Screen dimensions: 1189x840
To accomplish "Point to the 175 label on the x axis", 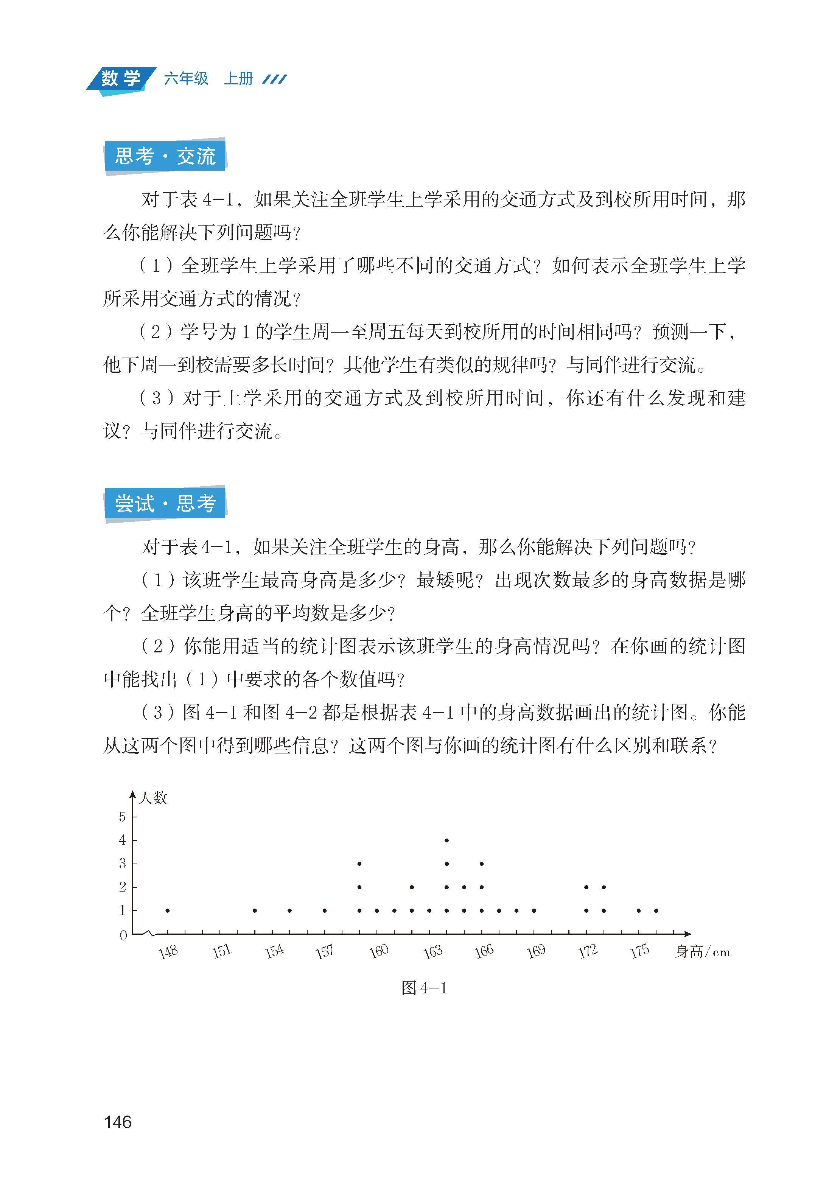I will tap(639, 951).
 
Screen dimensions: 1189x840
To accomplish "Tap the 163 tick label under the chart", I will tap(433, 951).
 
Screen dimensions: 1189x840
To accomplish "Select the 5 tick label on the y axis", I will tap(122, 817).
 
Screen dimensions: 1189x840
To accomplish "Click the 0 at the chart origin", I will tap(123, 935).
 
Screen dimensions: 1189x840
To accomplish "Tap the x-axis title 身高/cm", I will tap(702, 952).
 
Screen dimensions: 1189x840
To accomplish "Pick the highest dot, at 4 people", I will tap(447, 840).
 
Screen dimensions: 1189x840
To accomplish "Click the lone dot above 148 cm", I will tap(167, 910).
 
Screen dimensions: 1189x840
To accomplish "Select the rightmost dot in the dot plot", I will tap(656, 910).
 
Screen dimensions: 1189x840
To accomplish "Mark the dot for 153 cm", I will tap(255, 910).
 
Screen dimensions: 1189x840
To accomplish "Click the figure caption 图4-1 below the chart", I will tap(424, 988).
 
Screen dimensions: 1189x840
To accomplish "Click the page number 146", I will tap(118, 1122).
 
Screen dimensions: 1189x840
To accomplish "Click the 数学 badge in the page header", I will tap(121, 79).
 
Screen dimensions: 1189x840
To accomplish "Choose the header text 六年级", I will tap(186, 79).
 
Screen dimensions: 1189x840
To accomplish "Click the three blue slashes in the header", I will tap(274, 79).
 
